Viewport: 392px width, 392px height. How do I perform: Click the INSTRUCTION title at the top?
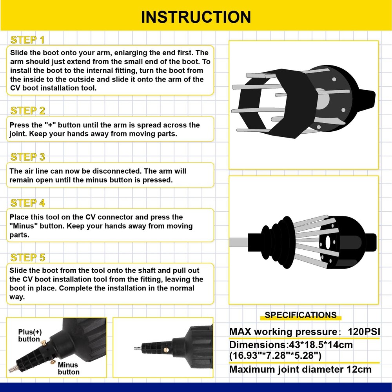coord(196,17)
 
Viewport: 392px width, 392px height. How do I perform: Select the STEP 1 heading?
coord(27,40)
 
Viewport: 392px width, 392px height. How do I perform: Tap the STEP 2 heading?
coord(27,111)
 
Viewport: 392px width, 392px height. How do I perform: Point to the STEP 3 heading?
coord(27,157)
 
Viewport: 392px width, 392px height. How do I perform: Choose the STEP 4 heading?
coord(27,203)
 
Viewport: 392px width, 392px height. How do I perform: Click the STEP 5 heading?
coord(27,258)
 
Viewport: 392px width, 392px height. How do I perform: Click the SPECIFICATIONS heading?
coord(300,315)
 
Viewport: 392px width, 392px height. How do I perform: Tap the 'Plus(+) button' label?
coord(30,336)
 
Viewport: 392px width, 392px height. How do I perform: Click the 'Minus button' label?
coord(69,368)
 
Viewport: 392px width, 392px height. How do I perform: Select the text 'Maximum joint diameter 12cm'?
coord(300,369)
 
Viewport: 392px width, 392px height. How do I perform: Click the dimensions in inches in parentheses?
coord(276,356)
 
